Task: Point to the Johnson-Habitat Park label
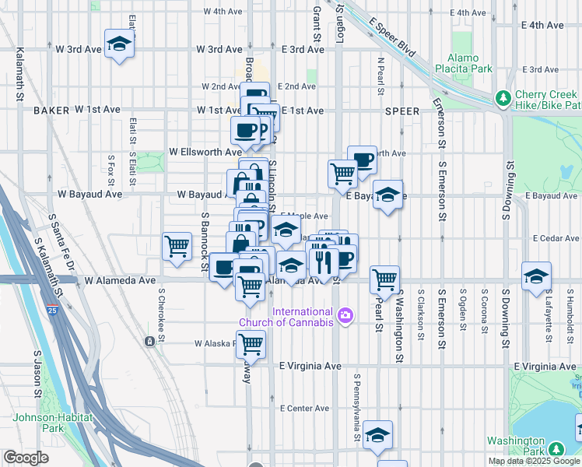(x=53, y=423)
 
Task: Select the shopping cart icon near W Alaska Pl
(x=251, y=342)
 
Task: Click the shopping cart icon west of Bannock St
(x=177, y=246)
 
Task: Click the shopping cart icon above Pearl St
(x=384, y=278)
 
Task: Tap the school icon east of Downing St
(x=535, y=277)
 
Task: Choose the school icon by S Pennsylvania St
(x=377, y=434)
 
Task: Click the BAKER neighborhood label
(x=52, y=111)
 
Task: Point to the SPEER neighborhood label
(x=402, y=111)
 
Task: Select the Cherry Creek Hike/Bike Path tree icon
(x=503, y=98)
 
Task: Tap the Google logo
(x=26, y=458)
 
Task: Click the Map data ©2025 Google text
(x=534, y=461)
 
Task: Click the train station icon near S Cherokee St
(x=149, y=341)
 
